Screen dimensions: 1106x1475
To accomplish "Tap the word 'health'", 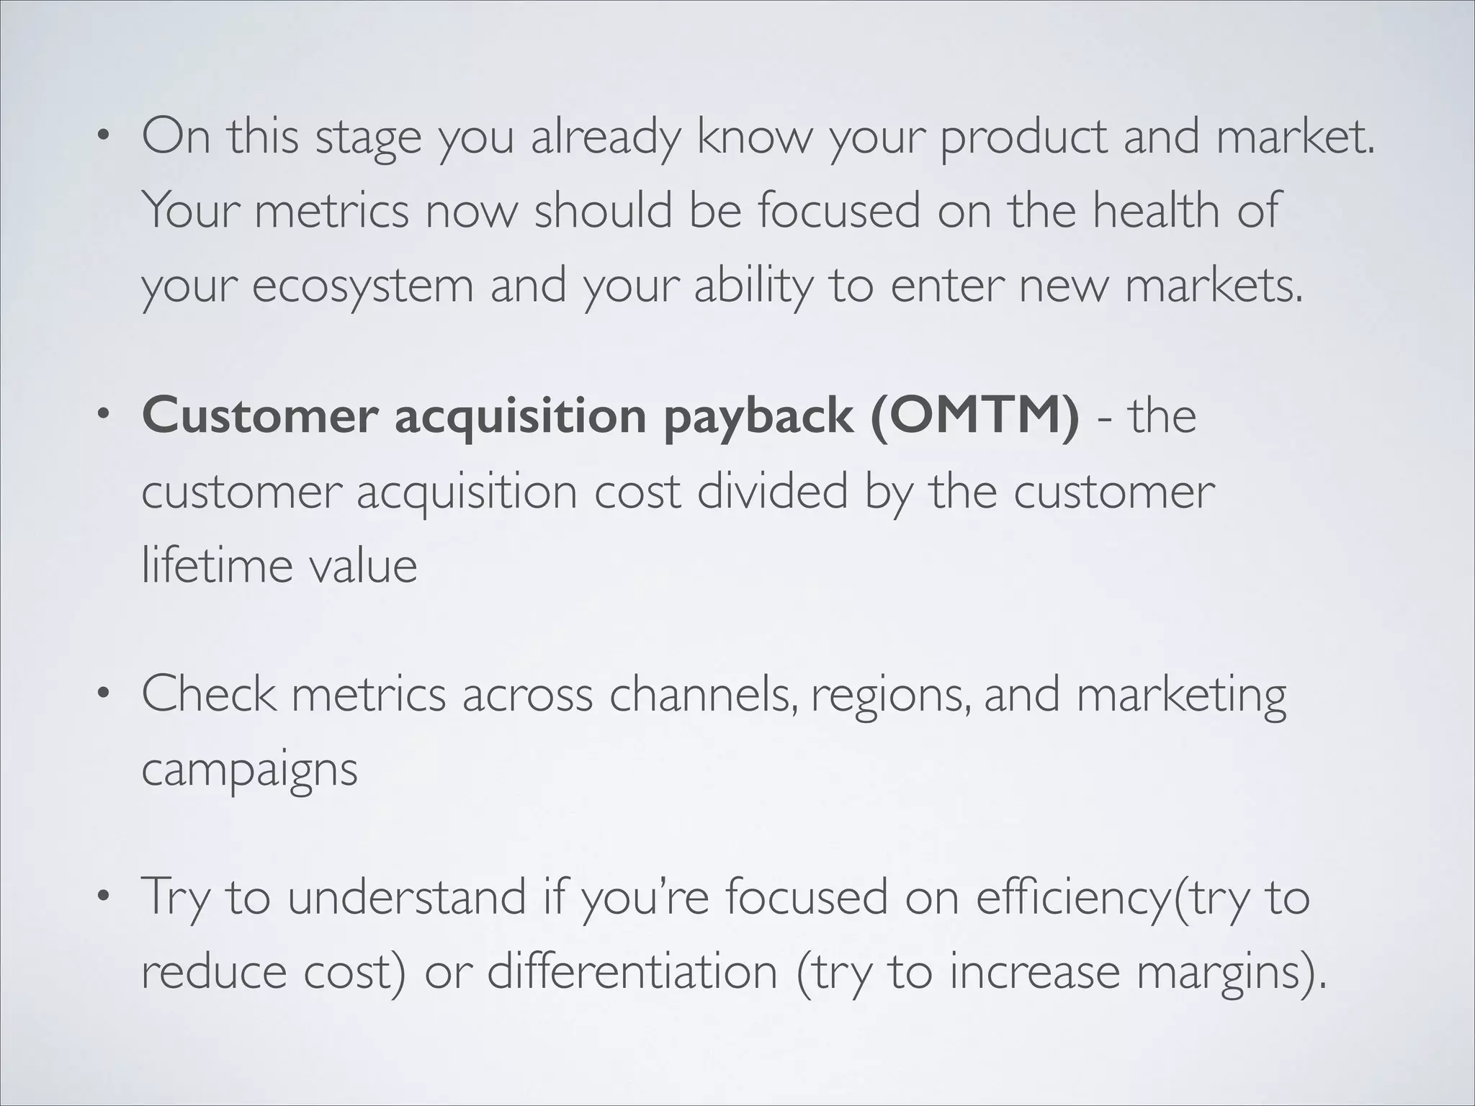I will [1155, 210].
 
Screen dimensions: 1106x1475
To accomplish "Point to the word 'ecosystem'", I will [362, 286].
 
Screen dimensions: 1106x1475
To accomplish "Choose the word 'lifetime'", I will [217, 565].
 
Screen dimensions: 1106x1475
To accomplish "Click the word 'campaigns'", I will [249, 771].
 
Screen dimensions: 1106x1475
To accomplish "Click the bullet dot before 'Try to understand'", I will [104, 896].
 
